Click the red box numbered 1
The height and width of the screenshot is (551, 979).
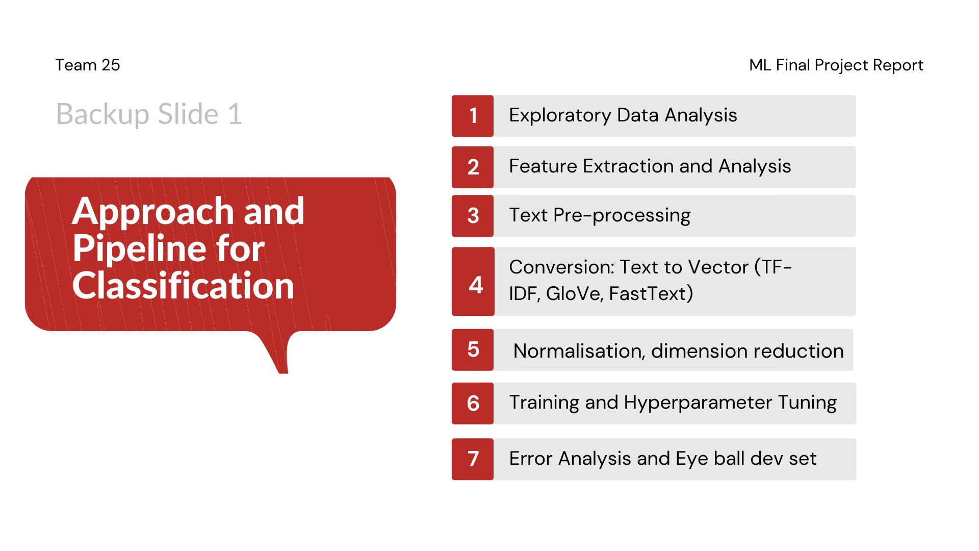click(473, 116)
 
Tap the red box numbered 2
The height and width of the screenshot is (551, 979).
click(473, 167)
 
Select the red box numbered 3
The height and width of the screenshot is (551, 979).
click(473, 216)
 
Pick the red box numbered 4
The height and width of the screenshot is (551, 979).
click(473, 282)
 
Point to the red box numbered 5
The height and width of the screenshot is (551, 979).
click(473, 350)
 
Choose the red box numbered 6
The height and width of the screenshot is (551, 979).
click(473, 404)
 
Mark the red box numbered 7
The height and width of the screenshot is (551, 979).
click(473, 459)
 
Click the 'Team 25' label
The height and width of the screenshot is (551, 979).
click(88, 65)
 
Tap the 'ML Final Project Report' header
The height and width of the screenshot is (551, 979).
click(836, 65)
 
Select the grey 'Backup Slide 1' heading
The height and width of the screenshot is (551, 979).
click(149, 114)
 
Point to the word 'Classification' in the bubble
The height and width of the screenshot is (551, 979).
click(184, 285)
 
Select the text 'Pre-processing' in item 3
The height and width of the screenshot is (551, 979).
click(622, 216)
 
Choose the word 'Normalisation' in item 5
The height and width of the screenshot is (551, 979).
click(579, 351)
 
